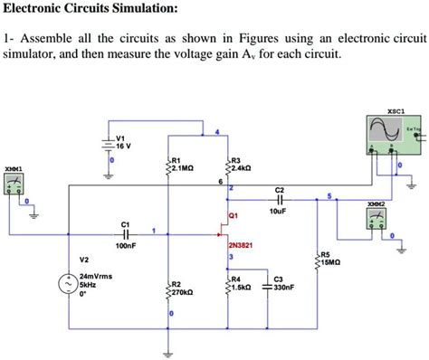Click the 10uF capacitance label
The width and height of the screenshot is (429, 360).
[x=279, y=212]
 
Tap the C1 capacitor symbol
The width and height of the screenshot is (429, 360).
[x=126, y=232]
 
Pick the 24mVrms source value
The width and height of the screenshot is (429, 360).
[x=95, y=274]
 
